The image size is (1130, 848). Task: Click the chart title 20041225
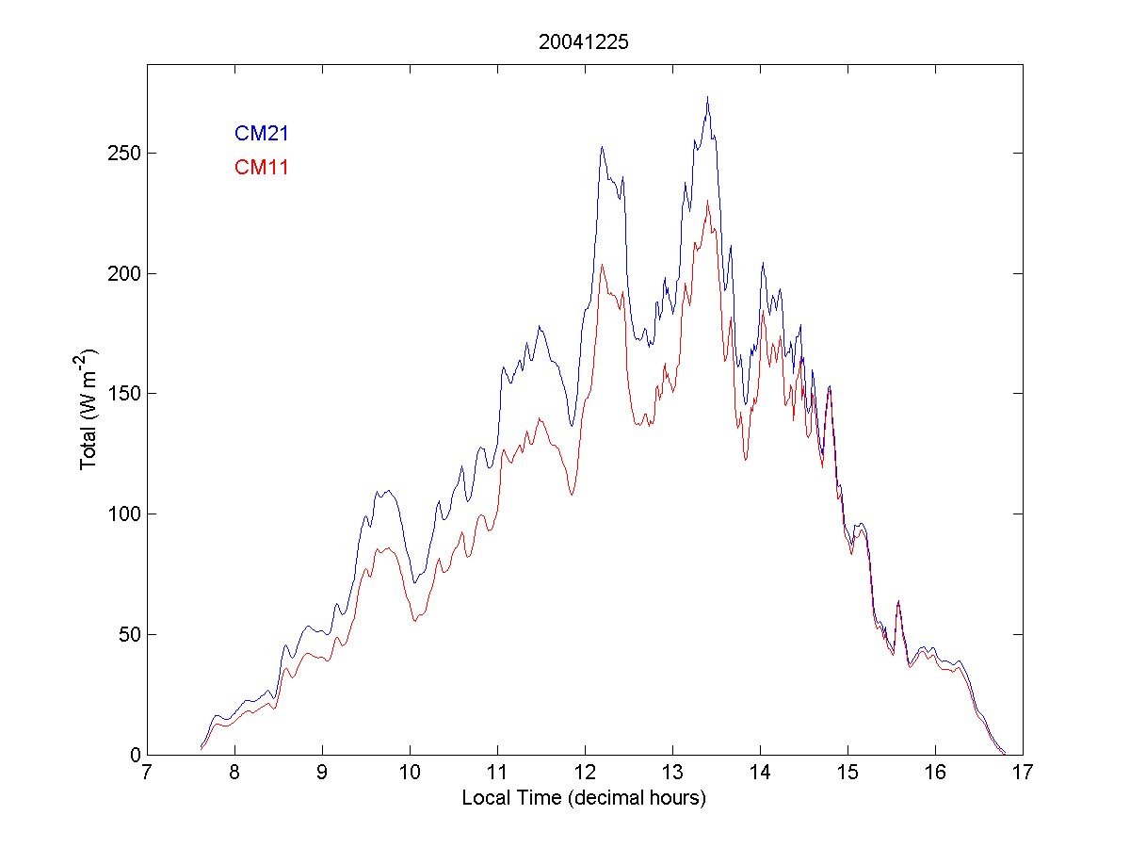point(584,42)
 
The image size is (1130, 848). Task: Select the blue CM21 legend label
point(262,134)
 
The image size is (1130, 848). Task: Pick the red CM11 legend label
point(262,168)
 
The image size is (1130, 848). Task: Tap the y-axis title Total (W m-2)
point(91,409)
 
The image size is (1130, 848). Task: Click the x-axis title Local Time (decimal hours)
point(584,798)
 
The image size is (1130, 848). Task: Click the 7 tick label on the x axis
point(147,773)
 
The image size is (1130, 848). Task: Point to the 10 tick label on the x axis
point(410,773)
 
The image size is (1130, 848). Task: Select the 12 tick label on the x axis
point(585,773)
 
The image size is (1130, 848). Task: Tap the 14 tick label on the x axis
point(760,773)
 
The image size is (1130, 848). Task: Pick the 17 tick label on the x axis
point(1023,773)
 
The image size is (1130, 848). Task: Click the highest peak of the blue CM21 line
point(707,97)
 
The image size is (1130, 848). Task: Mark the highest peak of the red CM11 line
point(708,200)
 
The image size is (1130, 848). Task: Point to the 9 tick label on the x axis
point(322,773)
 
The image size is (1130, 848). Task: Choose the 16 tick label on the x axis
point(935,773)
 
